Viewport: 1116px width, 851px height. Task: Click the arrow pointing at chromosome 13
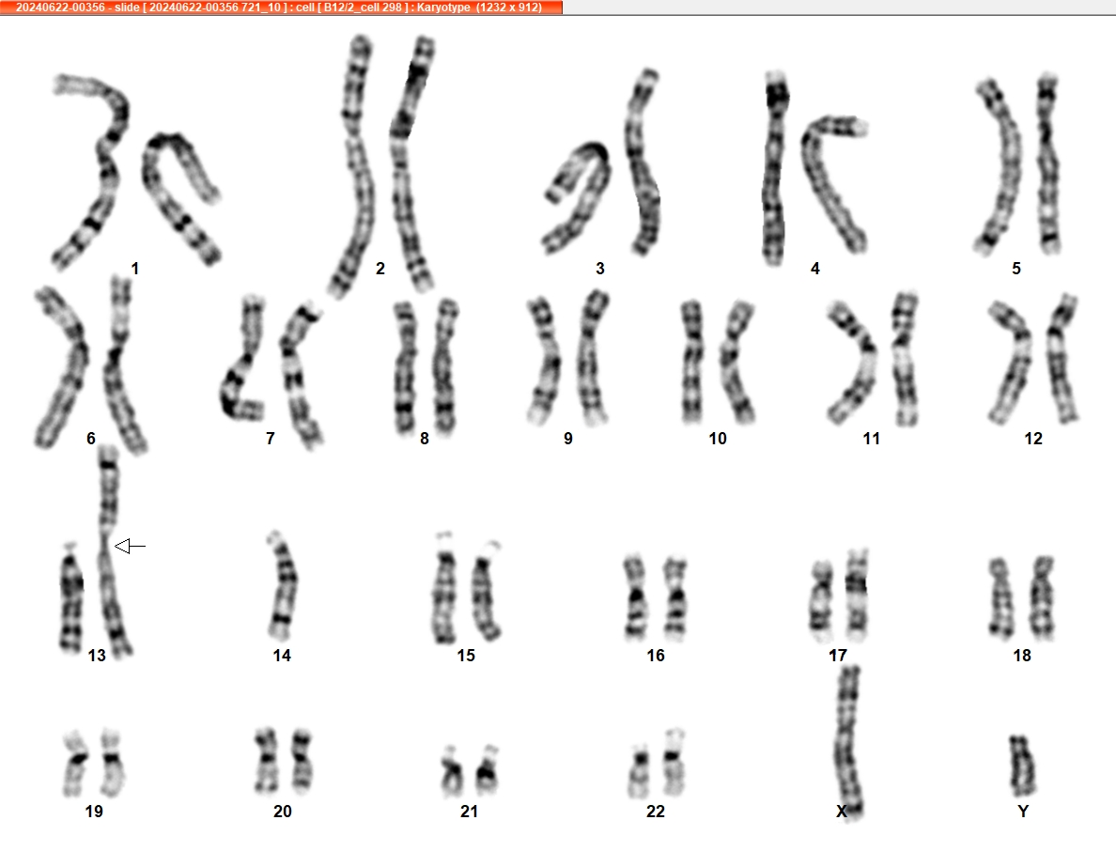point(130,546)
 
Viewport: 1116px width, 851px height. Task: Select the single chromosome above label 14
point(282,585)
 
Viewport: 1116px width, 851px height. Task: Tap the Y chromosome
point(1023,766)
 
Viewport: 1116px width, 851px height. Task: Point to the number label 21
point(469,812)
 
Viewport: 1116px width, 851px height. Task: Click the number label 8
point(425,439)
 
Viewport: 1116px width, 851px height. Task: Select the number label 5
point(1016,269)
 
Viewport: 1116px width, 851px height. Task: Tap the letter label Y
point(1023,812)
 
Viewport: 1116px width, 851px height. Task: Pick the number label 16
point(656,656)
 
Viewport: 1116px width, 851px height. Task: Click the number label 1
point(135,269)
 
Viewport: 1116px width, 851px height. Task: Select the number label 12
point(1033,439)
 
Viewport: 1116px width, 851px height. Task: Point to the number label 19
point(94,812)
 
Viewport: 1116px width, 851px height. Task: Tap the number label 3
point(600,269)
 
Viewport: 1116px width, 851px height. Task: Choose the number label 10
point(718,439)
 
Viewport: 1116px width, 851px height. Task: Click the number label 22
point(656,812)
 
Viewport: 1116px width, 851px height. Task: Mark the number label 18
point(1022,656)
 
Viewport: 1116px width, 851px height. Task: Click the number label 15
point(466,656)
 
